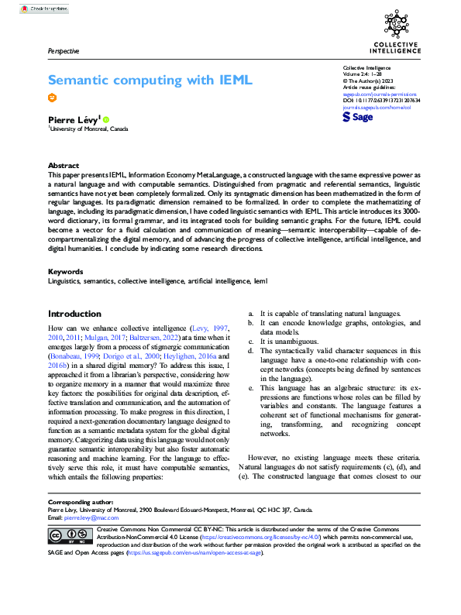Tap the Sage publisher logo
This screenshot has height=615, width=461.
(x=357, y=117)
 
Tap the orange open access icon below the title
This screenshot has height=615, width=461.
(x=53, y=98)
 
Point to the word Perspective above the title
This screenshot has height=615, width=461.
(x=64, y=51)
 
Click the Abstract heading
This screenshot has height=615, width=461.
(x=64, y=166)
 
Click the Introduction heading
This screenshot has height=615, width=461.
(x=74, y=314)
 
